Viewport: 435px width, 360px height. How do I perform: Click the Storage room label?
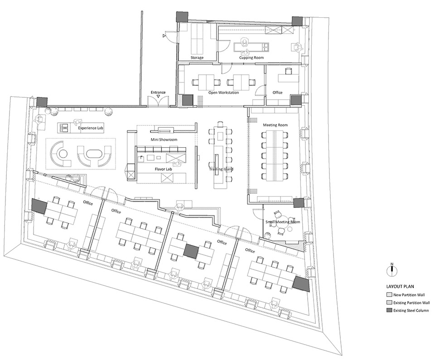197,58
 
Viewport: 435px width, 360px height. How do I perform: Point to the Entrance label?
158,92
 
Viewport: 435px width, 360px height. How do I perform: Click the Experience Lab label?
91,128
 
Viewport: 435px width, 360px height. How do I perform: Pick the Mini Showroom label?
164,140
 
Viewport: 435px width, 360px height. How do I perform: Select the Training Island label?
221,169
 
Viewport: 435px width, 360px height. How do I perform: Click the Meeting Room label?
275,125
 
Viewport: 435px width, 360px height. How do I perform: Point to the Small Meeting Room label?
283,222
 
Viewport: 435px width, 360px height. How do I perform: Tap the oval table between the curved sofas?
94,154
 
